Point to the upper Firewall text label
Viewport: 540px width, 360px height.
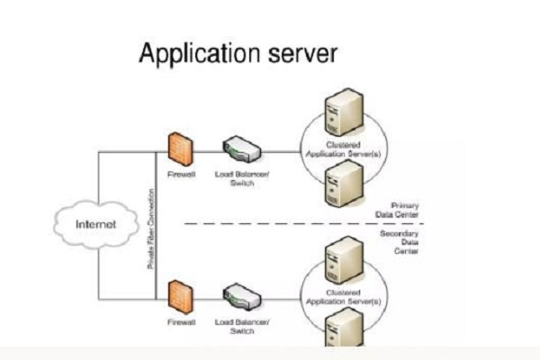tap(181, 175)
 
